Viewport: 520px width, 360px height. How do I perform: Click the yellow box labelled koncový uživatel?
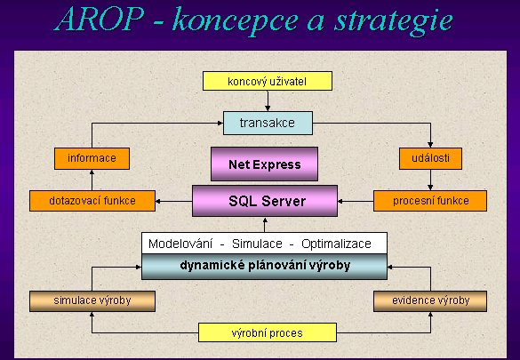point(268,81)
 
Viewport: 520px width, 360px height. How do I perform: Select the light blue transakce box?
point(268,123)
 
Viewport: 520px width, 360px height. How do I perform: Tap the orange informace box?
point(92,158)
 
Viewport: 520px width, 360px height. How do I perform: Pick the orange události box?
point(430,158)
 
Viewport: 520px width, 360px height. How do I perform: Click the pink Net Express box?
point(264,164)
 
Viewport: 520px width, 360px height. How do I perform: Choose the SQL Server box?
point(265,201)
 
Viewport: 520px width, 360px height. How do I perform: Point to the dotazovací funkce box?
point(92,201)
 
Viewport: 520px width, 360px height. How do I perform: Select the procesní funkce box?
point(430,201)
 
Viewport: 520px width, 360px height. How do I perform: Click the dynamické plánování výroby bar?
point(264,267)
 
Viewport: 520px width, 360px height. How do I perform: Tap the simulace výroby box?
point(92,301)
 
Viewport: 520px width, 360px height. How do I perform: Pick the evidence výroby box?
point(430,301)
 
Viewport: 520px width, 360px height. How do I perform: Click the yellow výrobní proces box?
point(268,332)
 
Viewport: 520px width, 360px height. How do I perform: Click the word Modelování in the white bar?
point(180,244)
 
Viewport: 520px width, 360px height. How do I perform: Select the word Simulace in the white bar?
point(257,244)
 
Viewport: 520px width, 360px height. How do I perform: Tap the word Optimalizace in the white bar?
point(336,244)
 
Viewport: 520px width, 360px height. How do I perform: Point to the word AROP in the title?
point(100,20)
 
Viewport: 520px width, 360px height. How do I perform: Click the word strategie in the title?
point(393,21)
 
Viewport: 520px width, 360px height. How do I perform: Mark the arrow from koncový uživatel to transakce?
point(268,100)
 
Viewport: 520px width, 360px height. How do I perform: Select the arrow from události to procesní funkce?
point(430,180)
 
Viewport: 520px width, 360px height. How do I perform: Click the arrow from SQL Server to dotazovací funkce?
point(173,201)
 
